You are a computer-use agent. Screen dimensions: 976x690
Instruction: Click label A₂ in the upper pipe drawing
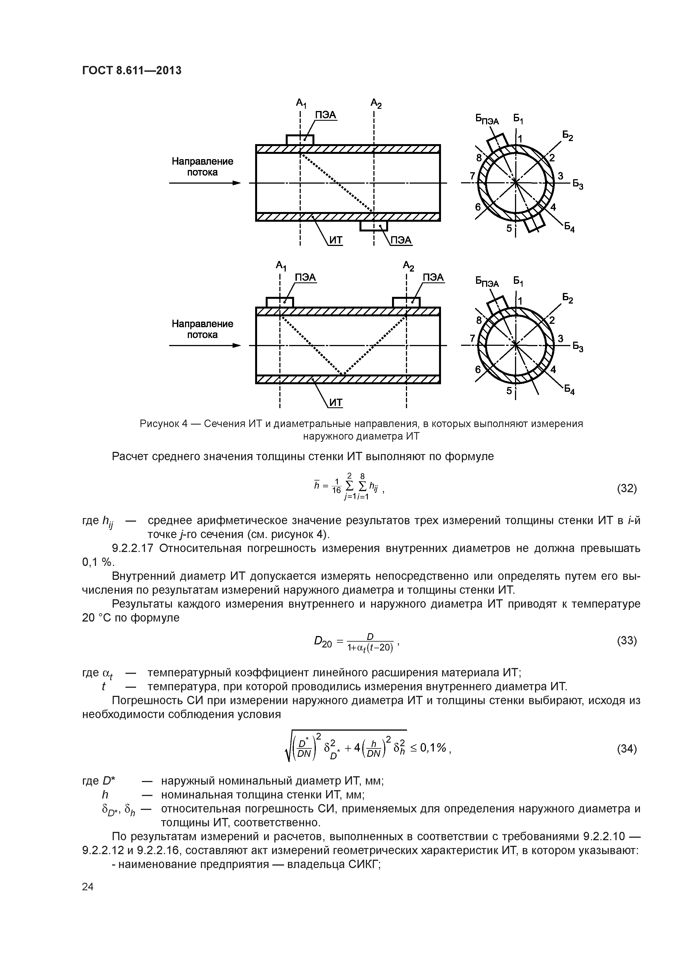pyautogui.click(x=376, y=103)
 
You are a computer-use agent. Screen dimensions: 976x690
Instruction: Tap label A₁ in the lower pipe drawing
pyautogui.click(x=281, y=266)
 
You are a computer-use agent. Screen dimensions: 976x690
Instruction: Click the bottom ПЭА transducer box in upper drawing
pyautogui.click(x=374, y=226)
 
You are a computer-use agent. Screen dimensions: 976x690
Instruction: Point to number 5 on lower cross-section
pyautogui.click(x=509, y=390)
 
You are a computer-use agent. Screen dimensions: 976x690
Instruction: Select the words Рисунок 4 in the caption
pyautogui.click(x=164, y=424)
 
